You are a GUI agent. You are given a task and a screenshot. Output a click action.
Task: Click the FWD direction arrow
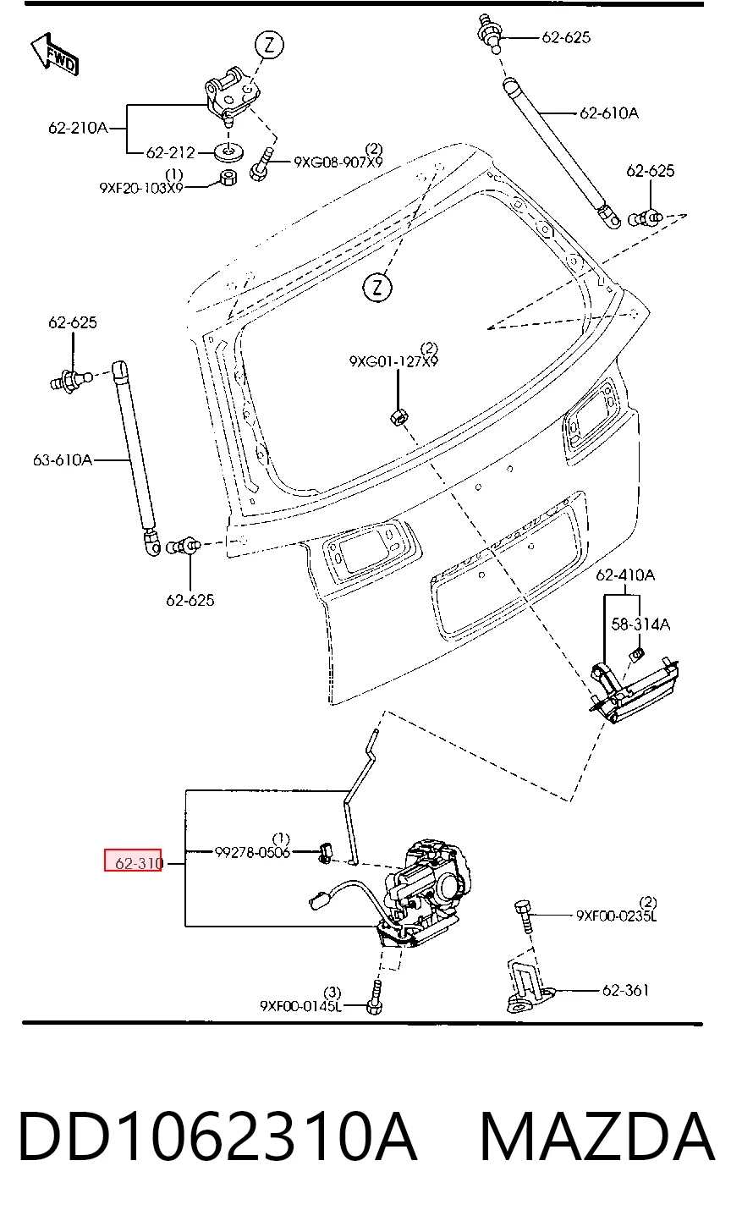(55, 53)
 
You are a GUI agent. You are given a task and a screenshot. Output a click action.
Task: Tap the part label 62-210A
(78, 128)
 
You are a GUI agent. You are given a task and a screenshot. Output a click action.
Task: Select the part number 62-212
(171, 152)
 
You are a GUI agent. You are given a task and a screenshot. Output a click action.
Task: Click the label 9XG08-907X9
(338, 162)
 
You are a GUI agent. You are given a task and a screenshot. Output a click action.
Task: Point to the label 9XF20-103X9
(141, 188)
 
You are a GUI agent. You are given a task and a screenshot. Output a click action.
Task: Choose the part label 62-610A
(609, 113)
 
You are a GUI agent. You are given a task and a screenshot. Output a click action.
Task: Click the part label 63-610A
(62, 459)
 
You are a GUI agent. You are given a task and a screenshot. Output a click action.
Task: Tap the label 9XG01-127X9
(393, 361)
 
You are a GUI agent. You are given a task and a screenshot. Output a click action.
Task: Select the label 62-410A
(625, 575)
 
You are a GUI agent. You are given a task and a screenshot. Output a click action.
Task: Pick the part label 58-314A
(640, 624)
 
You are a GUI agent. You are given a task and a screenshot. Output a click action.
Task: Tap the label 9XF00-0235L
(617, 916)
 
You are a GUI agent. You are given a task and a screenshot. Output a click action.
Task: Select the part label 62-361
(625, 991)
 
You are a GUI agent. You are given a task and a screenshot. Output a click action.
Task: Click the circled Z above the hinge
(269, 45)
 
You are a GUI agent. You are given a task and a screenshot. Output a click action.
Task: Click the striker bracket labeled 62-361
(529, 987)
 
